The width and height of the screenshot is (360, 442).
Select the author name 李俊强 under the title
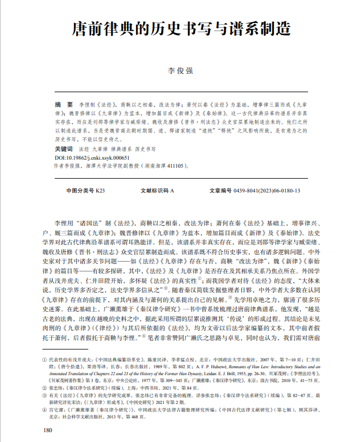(x=180, y=71)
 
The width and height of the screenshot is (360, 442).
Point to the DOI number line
(x=93, y=157)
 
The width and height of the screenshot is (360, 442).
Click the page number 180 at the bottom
(x=48, y=430)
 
